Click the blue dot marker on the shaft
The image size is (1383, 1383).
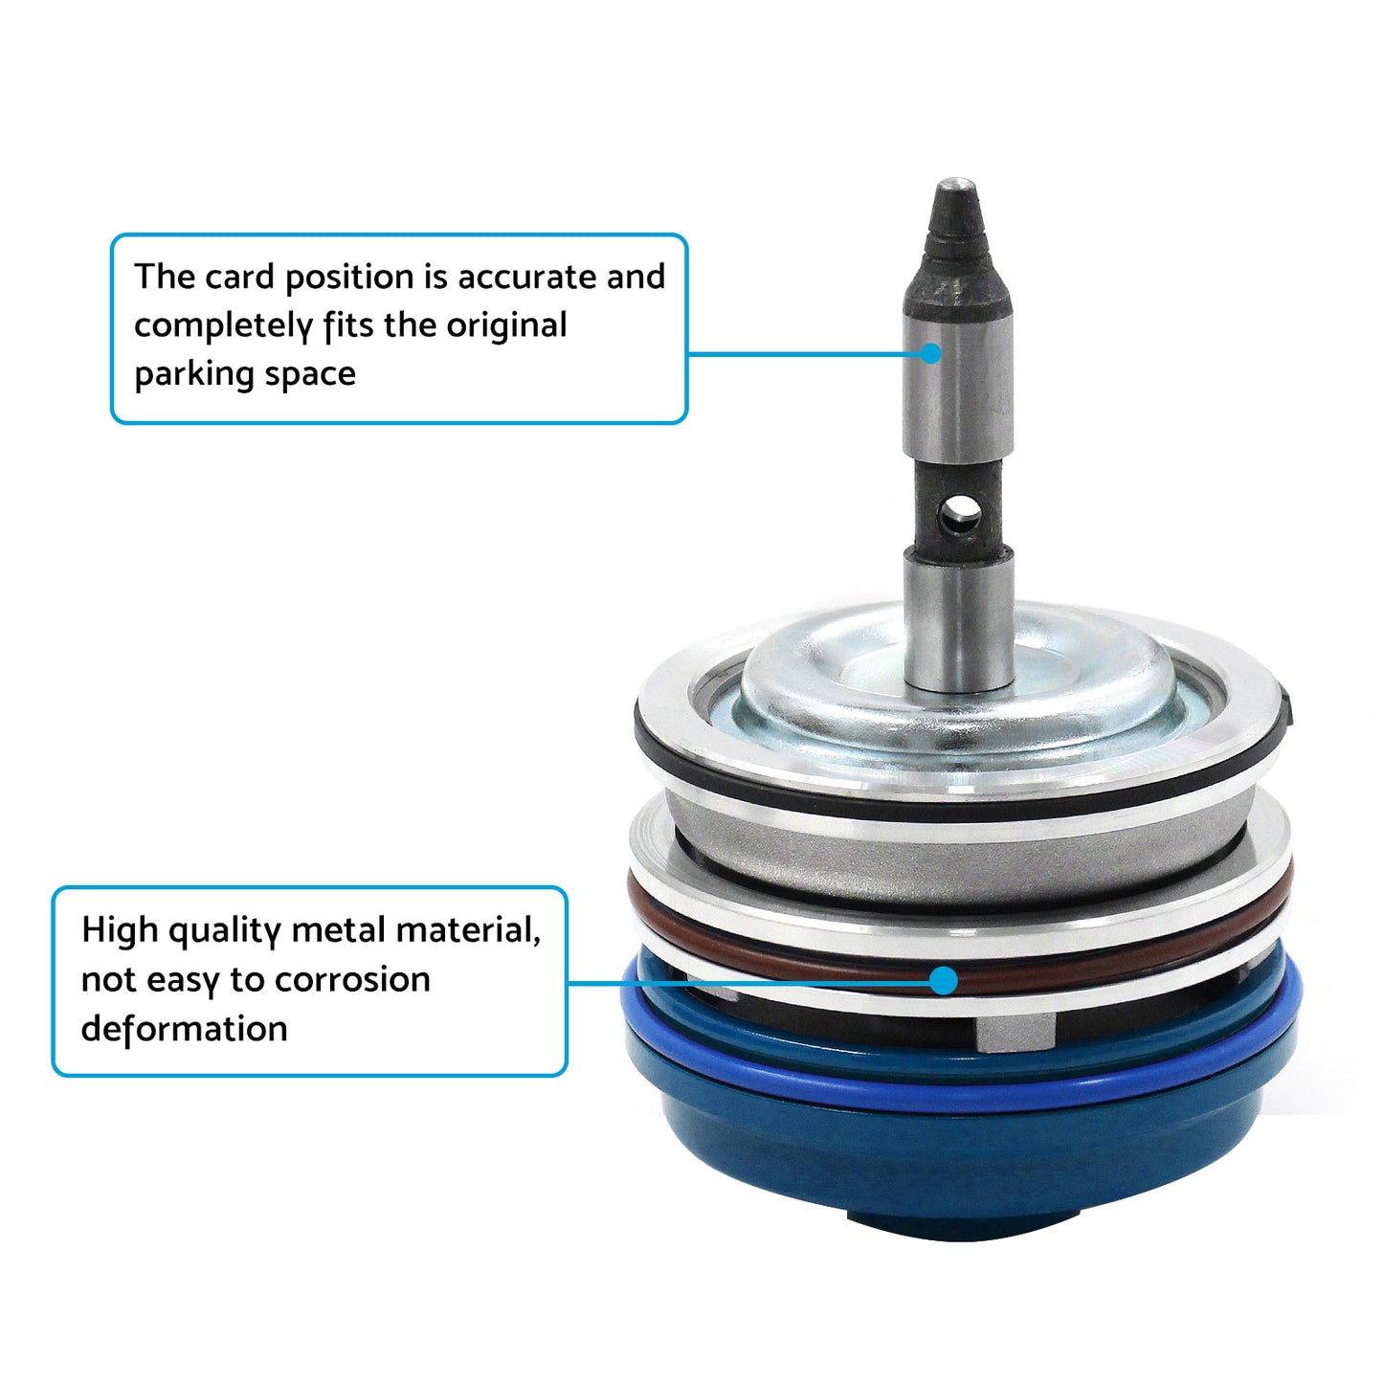point(931,353)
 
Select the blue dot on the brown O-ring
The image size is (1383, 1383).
point(944,980)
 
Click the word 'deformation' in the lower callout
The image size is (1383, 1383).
point(184,1029)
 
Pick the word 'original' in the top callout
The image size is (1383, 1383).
point(506,326)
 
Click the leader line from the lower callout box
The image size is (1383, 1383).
point(747,981)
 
